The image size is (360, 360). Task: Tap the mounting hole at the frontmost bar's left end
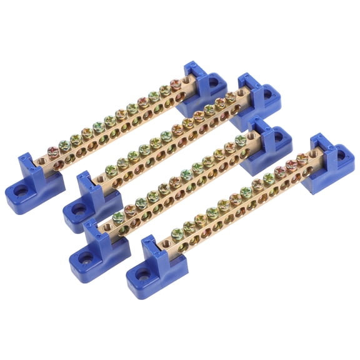(x=142, y=273)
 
